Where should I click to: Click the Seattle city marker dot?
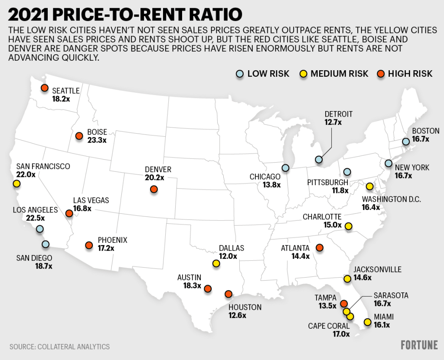coord(44,88)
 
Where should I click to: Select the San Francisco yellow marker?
coord(17,184)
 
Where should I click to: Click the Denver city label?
coord(158,169)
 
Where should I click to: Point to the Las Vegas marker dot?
coord(69,213)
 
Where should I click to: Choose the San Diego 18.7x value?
coord(44,266)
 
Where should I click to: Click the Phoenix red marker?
coord(89,245)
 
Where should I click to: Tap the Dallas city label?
coord(232,248)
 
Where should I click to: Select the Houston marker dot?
coord(229,294)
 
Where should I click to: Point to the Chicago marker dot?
coord(285,168)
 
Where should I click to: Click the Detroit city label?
coord(339,114)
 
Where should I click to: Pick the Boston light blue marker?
coord(405,142)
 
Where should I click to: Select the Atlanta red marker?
coord(320,248)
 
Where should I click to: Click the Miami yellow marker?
coord(368,322)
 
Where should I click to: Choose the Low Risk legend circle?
coord(240,74)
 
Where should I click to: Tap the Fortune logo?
coord(419,345)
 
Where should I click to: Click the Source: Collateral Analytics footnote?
coord(59,347)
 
